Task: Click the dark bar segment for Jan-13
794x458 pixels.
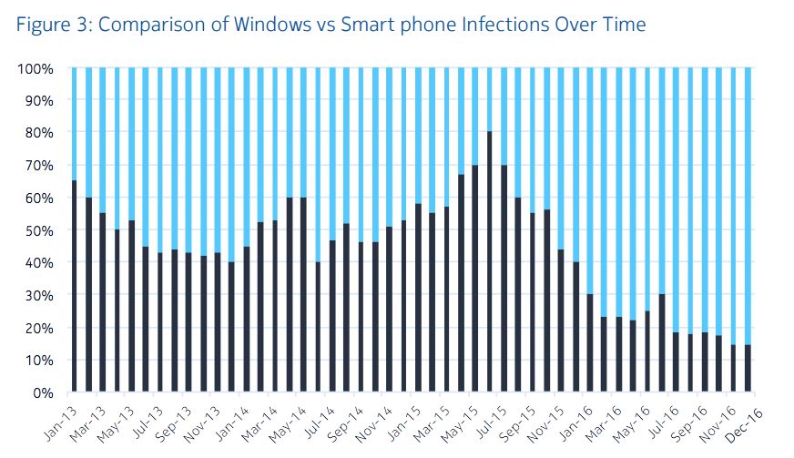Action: point(75,287)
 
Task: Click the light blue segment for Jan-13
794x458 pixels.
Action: point(75,124)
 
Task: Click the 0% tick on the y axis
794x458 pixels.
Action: point(42,393)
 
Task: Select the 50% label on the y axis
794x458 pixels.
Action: point(38,231)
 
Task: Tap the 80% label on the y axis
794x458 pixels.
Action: point(38,134)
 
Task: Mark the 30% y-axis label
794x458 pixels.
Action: point(38,296)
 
